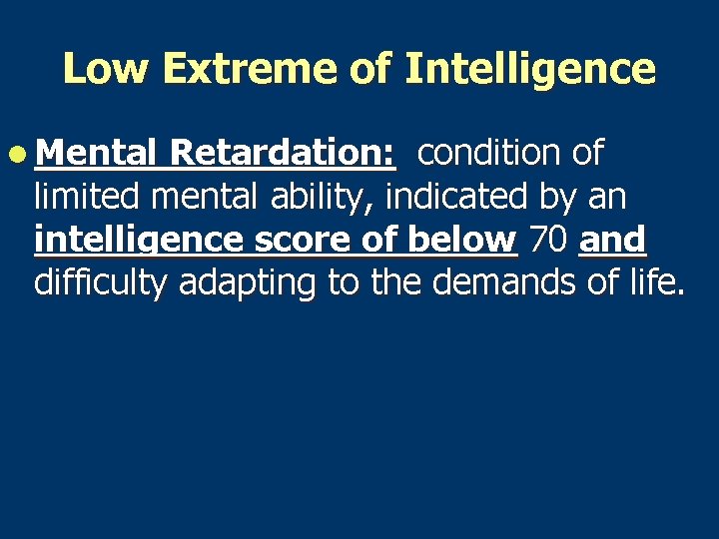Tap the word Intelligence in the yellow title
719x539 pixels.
(530, 69)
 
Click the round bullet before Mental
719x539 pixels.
(21, 154)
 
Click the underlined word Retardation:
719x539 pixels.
(284, 154)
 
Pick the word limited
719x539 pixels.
(87, 197)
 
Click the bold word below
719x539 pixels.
(464, 241)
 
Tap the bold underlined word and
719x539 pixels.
(612, 241)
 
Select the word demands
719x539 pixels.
(508, 283)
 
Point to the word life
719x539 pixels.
(654, 283)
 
